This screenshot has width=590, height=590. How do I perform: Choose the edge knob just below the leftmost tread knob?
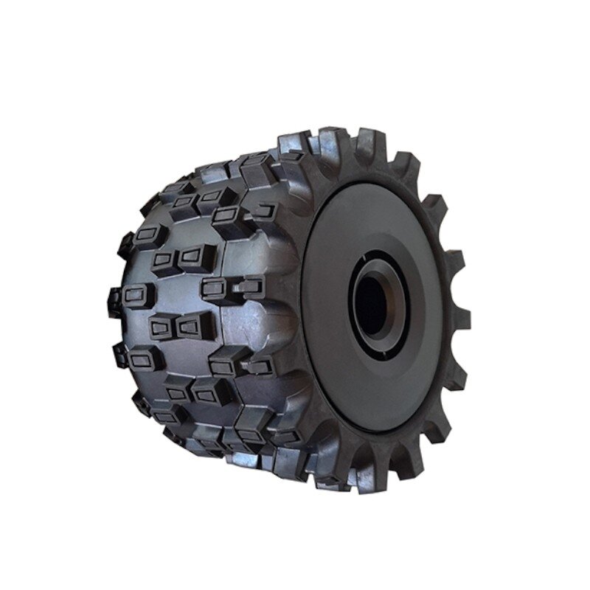[122, 354]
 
